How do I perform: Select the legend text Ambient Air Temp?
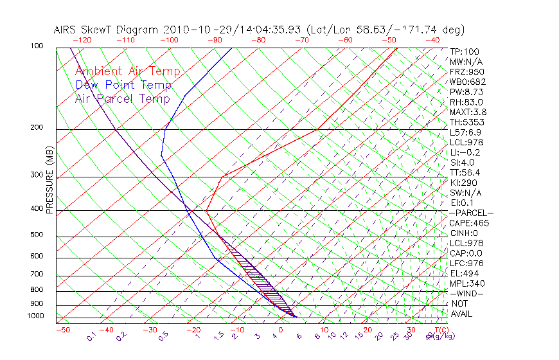click(127, 71)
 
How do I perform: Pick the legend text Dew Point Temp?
click(123, 85)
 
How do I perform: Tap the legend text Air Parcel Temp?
click(122, 98)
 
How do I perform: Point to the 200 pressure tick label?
click(37, 128)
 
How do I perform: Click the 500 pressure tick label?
click(37, 235)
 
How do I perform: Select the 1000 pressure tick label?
click(35, 316)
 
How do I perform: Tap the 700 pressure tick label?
click(37, 274)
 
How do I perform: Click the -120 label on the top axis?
click(82, 40)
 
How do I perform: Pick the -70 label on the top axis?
click(300, 40)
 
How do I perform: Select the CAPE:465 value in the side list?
click(469, 223)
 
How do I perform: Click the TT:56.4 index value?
click(465, 173)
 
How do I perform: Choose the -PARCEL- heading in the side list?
click(471, 213)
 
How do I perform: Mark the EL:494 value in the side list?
click(464, 273)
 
